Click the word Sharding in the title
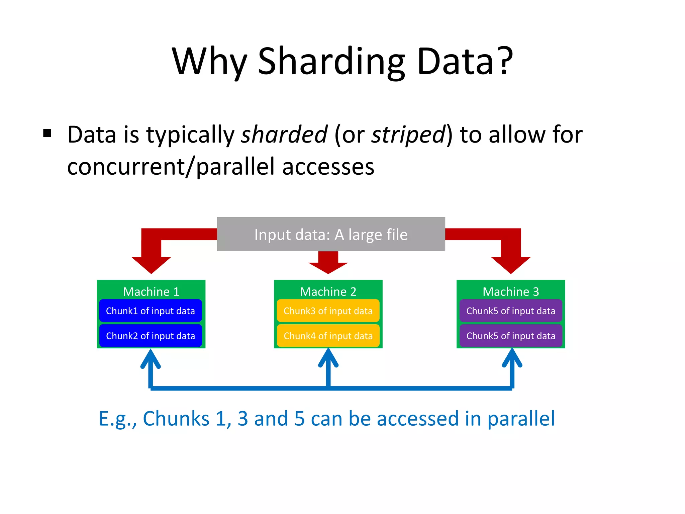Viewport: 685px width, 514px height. [331, 62]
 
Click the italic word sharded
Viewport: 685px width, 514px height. [284, 135]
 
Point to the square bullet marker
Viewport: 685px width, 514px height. [47, 133]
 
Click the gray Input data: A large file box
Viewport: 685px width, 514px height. [331, 234]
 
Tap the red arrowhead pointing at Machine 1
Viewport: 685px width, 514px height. [151, 264]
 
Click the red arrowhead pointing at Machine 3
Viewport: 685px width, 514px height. [511, 264]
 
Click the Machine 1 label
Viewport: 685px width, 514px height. [151, 291]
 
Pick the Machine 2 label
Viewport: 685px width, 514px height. [328, 291]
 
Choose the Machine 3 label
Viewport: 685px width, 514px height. [511, 291]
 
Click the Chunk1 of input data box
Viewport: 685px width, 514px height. [151, 311]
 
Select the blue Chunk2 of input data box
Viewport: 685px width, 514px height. [151, 336]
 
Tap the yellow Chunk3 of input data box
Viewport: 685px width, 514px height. [328, 311]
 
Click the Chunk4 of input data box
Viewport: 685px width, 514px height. [328, 336]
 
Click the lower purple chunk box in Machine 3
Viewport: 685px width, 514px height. [511, 336]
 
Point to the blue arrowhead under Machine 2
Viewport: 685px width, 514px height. [328, 358]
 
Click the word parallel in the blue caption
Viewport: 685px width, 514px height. [521, 419]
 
